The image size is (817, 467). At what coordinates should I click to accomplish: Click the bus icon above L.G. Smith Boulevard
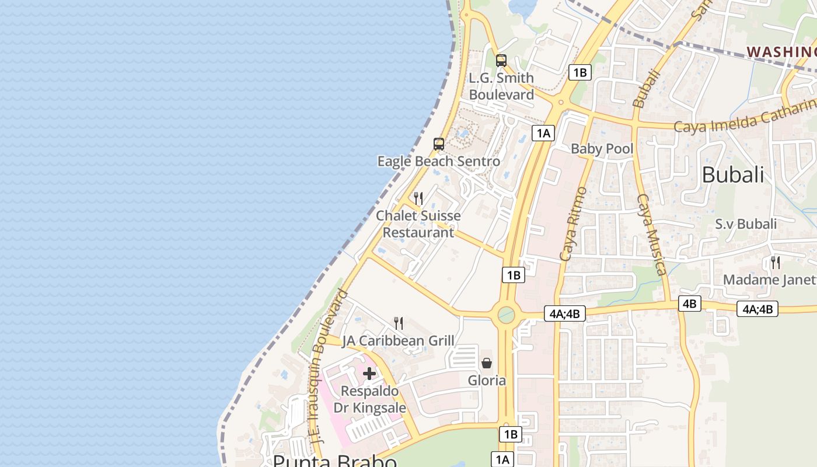pos(501,60)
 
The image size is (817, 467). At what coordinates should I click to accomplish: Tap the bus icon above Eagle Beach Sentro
pos(438,144)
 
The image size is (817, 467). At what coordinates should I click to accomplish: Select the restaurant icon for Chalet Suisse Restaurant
pos(418,198)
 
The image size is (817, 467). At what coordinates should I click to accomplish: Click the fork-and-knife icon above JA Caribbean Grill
pos(399,323)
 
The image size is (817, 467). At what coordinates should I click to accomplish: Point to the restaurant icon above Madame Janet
pos(775,263)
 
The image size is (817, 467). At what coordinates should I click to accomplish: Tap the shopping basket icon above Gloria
pos(487,363)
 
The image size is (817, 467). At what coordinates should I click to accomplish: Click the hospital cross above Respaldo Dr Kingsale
pos(369,374)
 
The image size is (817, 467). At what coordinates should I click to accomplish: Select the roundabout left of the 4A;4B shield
pos(505,315)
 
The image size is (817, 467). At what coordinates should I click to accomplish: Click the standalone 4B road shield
pos(690,304)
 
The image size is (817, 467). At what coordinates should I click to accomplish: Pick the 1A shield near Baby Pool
pos(543,133)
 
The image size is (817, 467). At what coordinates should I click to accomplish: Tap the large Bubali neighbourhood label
pos(732,175)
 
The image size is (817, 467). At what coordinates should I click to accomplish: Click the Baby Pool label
pos(602,149)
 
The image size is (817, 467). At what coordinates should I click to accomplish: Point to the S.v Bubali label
pos(746,224)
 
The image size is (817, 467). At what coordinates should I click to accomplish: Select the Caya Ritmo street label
pos(572,224)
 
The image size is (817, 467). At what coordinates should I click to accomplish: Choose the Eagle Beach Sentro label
pos(438,161)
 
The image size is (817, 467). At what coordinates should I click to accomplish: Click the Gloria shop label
pos(487,381)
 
